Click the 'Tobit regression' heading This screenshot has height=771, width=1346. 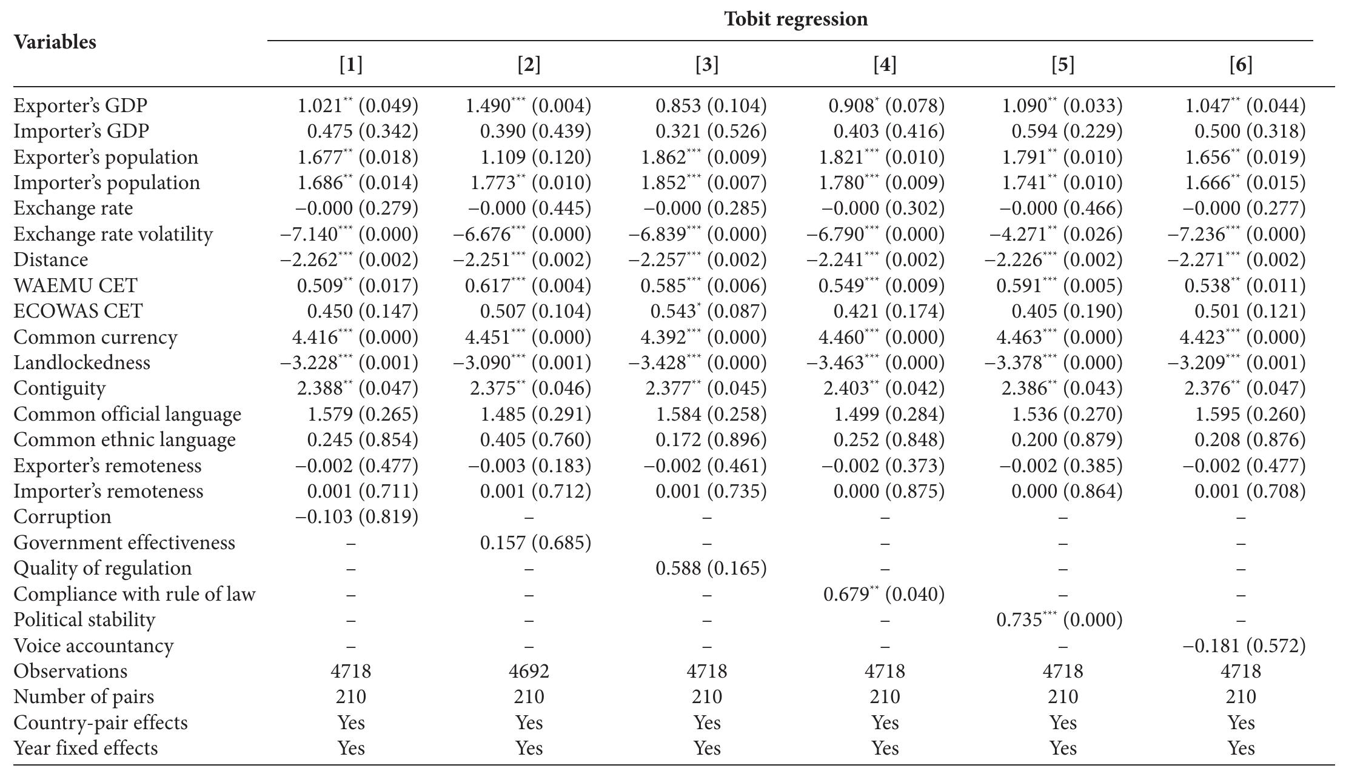(x=795, y=19)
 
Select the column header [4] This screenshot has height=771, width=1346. (x=885, y=64)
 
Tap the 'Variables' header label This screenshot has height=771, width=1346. (x=55, y=42)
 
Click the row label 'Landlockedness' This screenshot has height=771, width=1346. (x=82, y=362)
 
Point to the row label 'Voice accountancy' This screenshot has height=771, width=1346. (x=93, y=646)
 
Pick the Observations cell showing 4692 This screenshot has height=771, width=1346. (x=529, y=671)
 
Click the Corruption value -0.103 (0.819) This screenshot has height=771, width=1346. (x=357, y=516)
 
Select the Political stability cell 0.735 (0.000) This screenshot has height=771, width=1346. (x=1059, y=619)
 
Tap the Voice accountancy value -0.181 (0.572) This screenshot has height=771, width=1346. (x=1244, y=646)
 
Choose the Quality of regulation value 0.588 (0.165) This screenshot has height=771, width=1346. (x=711, y=568)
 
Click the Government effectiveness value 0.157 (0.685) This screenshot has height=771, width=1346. (x=535, y=542)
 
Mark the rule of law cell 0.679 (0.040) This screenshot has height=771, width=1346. (x=883, y=594)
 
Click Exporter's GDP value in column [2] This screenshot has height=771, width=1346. (x=527, y=105)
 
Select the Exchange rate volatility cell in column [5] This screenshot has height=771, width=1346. (x=1056, y=234)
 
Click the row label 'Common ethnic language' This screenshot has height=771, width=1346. (x=124, y=440)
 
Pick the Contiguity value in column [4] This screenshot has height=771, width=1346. (x=883, y=388)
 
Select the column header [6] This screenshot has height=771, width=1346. (x=1241, y=64)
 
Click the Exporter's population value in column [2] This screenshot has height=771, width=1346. (x=535, y=157)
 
